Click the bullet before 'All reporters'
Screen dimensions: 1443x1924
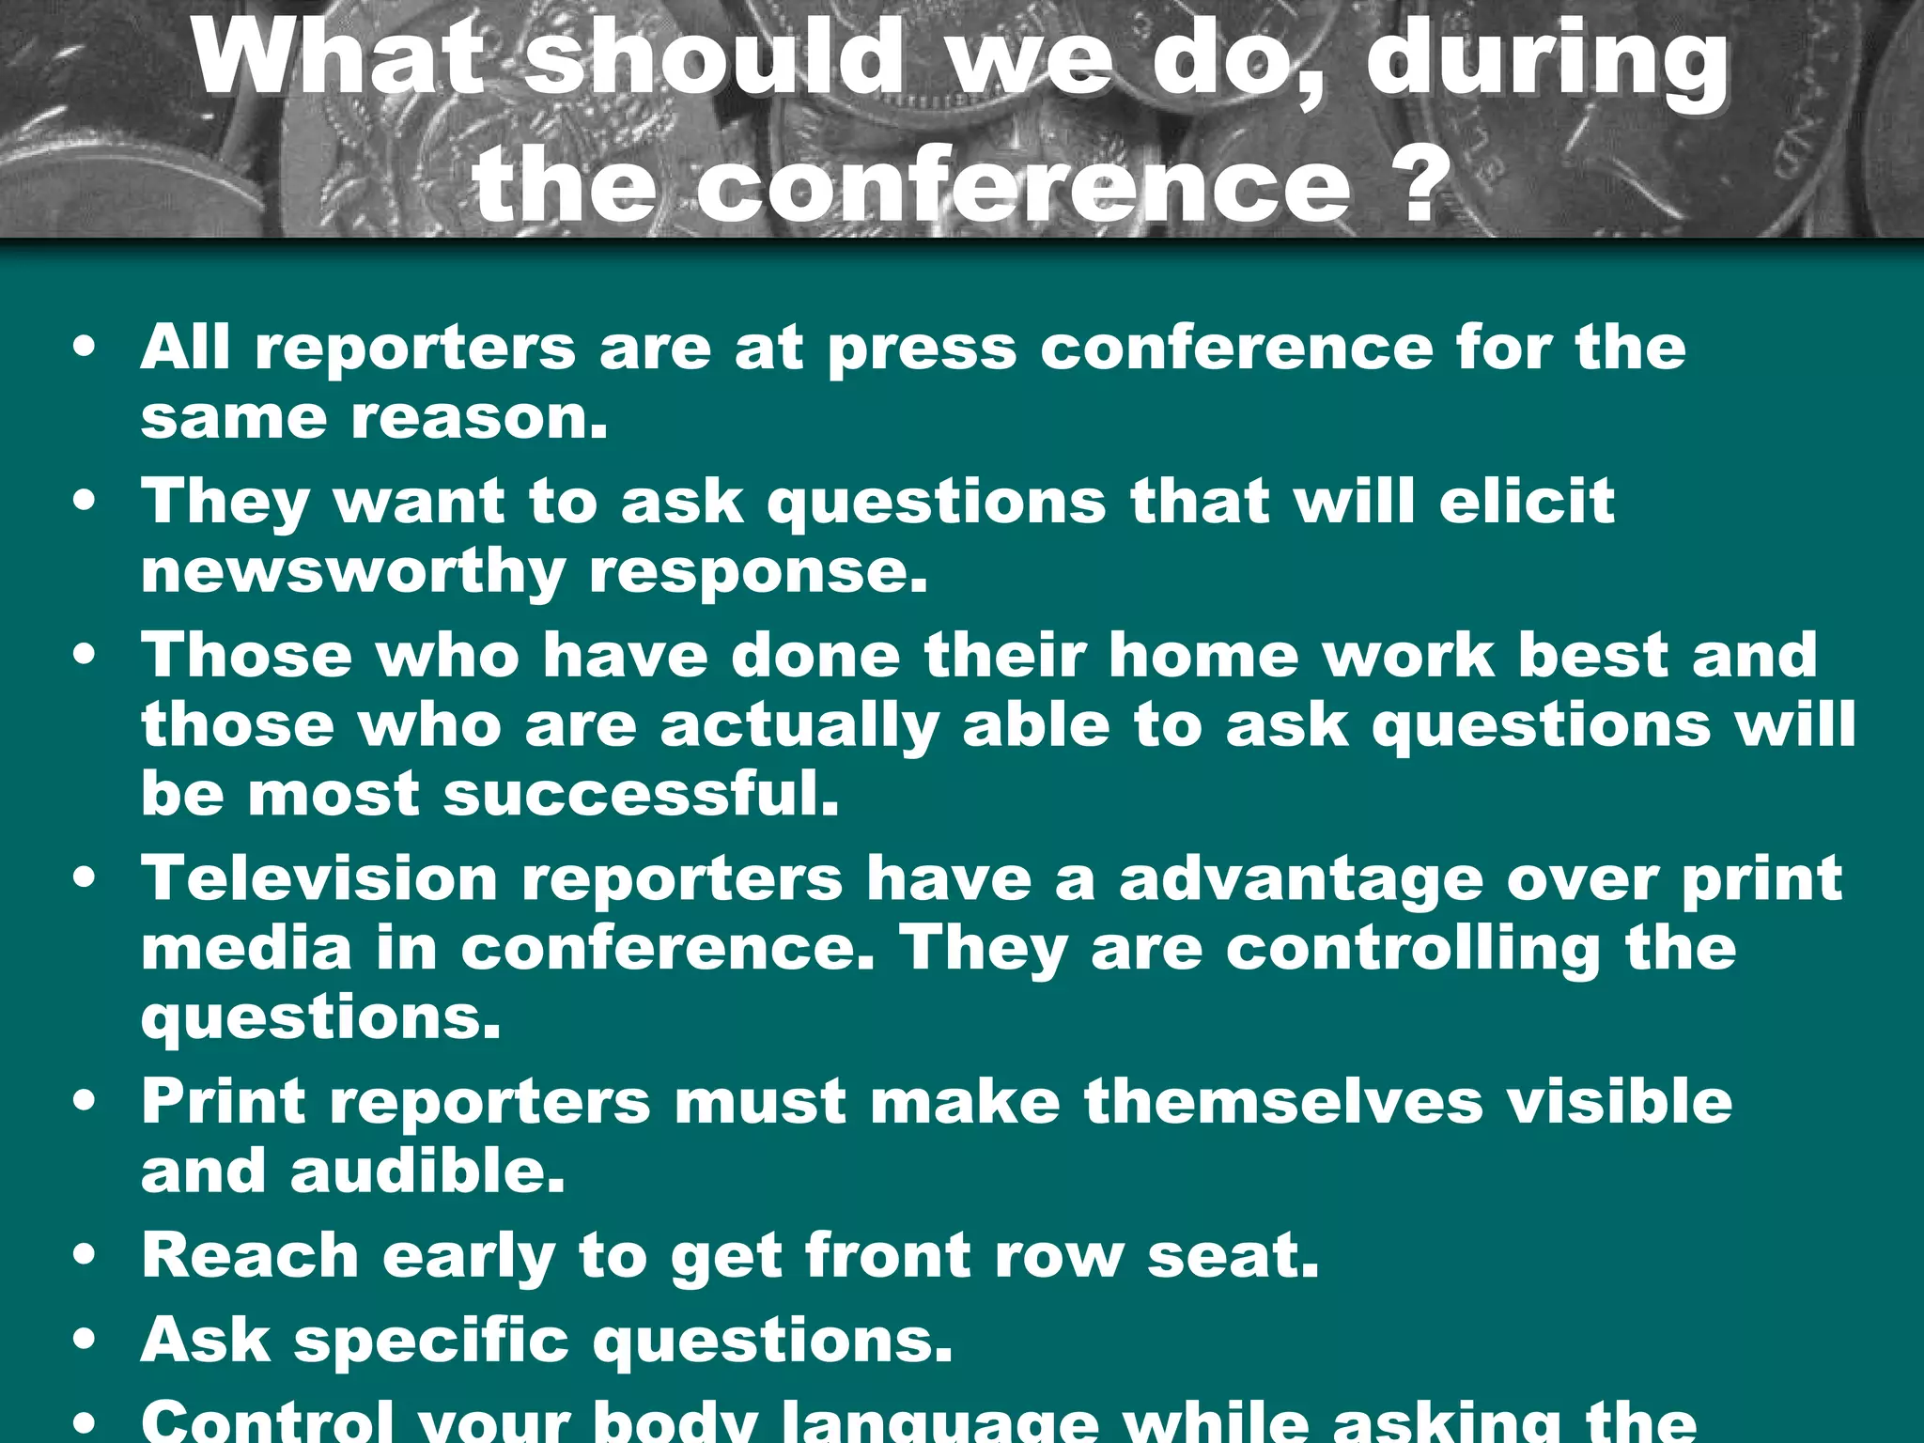pos(85,347)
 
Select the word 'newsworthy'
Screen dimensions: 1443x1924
pos(353,572)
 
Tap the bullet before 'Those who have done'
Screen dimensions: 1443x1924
pos(85,654)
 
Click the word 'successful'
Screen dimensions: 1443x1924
pos(640,794)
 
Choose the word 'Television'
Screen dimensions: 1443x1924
pos(319,878)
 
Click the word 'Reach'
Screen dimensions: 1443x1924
pos(250,1255)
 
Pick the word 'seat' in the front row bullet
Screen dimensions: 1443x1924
pos(1232,1255)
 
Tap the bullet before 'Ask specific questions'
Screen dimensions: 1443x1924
pos(85,1339)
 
